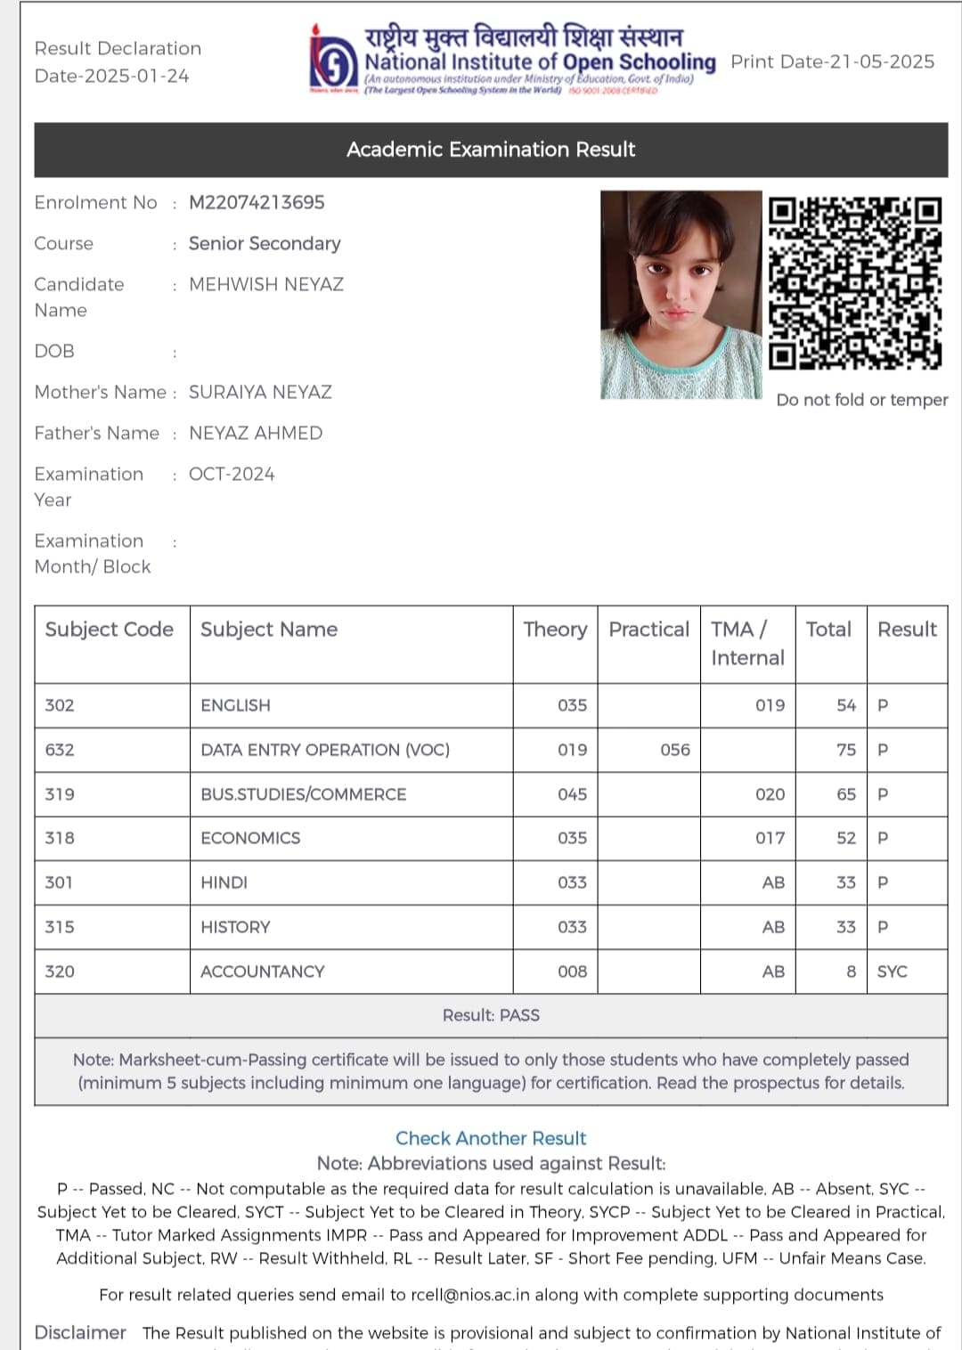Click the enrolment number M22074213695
257,203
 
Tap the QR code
855,283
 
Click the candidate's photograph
681,295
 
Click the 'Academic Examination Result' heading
491,150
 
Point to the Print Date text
833,62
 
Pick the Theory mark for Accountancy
572,972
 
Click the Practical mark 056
675,750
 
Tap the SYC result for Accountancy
892,972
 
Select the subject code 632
60,750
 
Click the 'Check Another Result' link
491,1138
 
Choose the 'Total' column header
828,630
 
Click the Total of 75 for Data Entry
846,750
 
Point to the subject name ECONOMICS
250,838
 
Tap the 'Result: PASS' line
491,1015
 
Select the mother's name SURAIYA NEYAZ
260,393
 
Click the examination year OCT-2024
232,475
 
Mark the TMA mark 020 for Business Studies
770,794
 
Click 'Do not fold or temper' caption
861,400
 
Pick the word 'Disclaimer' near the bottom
80,1332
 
